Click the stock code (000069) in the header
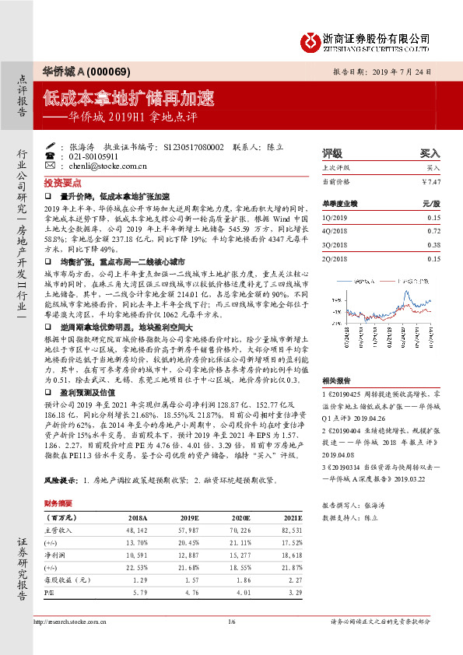tap(110, 71)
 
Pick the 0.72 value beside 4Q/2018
tap(433, 231)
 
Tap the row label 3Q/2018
tap(335, 244)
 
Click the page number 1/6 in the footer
tap(231, 622)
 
